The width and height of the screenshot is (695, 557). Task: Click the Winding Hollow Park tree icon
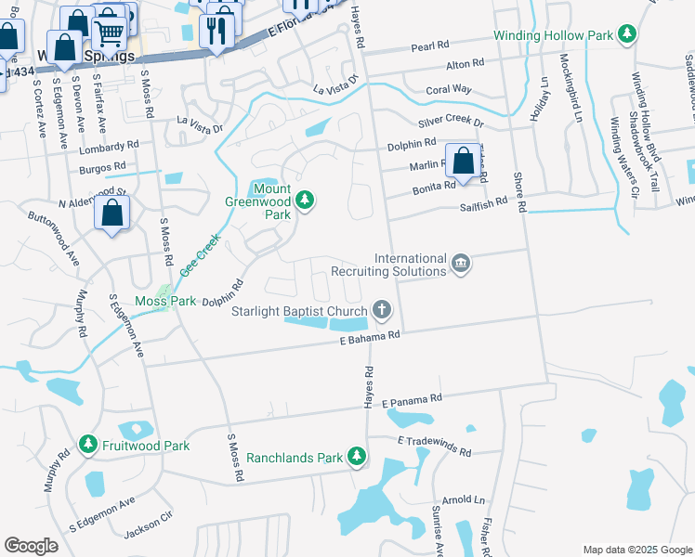(x=628, y=34)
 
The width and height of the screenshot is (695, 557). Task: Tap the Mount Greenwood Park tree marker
(x=304, y=199)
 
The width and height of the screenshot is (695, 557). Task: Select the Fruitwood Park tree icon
(x=88, y=446)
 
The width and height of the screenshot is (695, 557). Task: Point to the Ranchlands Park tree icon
(x=355, y=456)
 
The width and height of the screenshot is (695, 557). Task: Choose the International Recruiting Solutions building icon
(x=460, y=266)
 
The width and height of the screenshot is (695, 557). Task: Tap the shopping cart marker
(x=110, y=33)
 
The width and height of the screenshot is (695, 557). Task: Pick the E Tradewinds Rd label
(x=435, y=446)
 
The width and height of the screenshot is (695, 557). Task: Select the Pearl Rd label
(x=430, y=45)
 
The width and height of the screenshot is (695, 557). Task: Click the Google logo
(x=31, y=546)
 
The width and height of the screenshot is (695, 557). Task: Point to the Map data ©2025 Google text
(x=636, y=550)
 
